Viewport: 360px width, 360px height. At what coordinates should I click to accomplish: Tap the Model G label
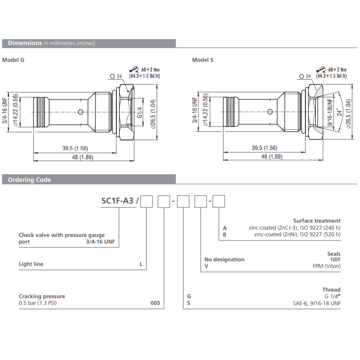(13, 60)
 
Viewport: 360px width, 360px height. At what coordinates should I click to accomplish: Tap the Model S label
(202, 60)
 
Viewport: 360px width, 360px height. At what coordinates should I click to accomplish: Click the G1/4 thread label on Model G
(140, 110)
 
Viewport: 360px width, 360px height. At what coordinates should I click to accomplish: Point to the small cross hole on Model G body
(80, 112)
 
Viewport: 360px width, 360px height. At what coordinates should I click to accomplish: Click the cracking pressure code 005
(155, 303)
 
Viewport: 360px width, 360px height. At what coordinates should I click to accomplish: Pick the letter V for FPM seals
(206, 266)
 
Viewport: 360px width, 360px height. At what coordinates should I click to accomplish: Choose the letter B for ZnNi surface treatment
(225, 234)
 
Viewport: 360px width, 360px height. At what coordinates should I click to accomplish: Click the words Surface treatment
(317, 221)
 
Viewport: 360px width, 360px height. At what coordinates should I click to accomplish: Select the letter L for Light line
(141, 264)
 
